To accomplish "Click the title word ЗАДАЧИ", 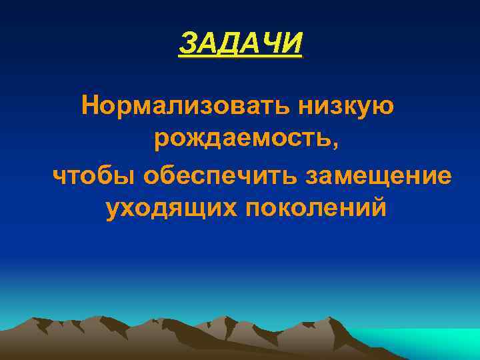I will pos(240,44).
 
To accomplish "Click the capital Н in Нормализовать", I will pos(89,105).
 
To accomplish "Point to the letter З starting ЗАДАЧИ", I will pos(187,44).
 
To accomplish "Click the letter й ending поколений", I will pos(378,207).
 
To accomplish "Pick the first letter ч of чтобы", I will pos(59,177).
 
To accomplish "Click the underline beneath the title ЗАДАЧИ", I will pos(240,57).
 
